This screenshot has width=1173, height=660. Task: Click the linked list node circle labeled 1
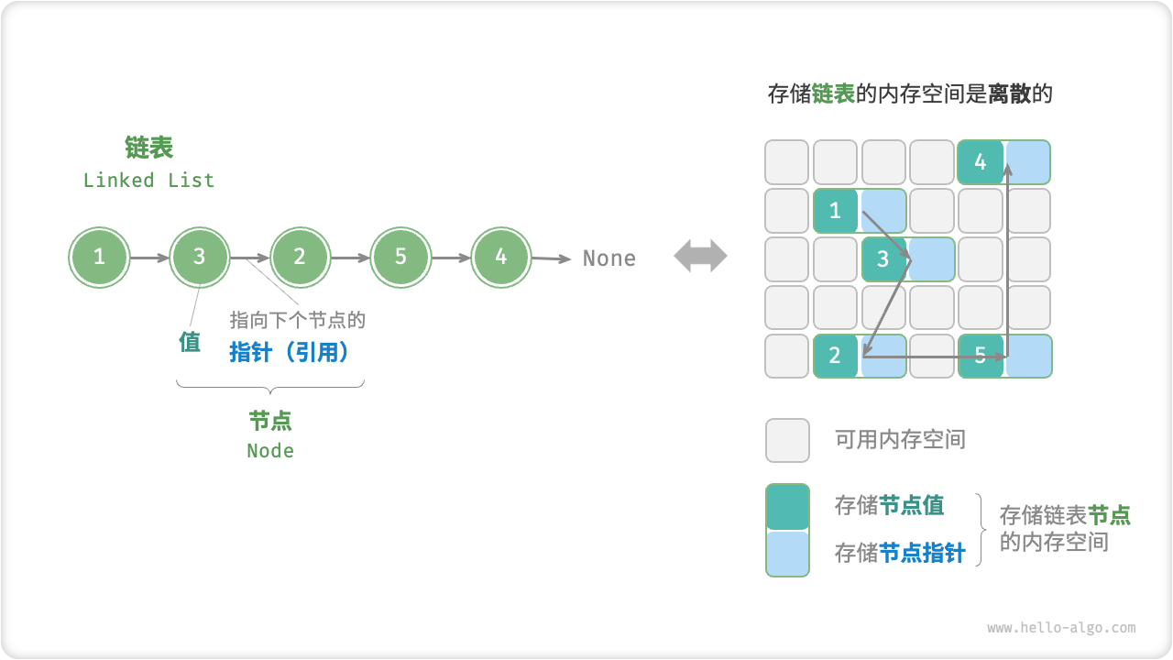tap(99, 257)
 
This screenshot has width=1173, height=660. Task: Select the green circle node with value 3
tap(199, 257)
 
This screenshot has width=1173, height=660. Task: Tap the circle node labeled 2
tap(300, 257)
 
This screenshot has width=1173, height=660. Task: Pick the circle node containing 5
tap(400, 257)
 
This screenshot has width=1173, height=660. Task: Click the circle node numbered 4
tap(500, 257)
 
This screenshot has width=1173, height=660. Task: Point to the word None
tap(609, 258)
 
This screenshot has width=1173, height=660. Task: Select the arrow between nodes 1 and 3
tap(149, 258)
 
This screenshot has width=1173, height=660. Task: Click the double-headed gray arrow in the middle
tap(700, 257)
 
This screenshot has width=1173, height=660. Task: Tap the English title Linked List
tap(148, 181)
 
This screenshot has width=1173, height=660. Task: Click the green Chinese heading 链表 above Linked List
tap(148, 148)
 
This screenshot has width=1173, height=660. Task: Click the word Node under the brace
tap(270, 451)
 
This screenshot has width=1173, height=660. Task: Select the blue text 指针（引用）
tap(291, 352)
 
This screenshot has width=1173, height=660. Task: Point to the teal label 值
tap(190, 343)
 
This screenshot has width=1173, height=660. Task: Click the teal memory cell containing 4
tap(981, 162)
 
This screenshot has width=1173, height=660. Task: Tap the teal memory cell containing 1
tap(835, 211)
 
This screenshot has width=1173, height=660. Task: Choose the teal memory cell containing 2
tap(835, 356)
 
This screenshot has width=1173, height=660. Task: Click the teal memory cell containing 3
tap(883, 258)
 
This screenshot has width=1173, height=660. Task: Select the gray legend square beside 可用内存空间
tap(787, 440)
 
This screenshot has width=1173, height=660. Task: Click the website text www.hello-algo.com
tap(1061, 628)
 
